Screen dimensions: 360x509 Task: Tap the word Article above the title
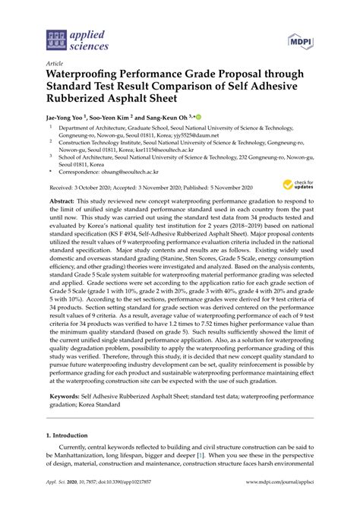coord(55,64)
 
